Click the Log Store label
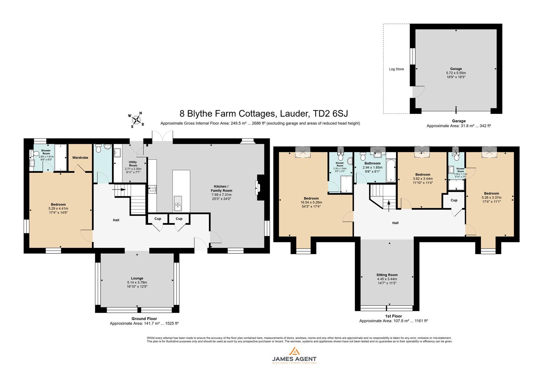click(x=396, y=69)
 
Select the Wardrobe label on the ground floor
click(x=80, y=158)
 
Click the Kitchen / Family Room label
click(x=221, y=190)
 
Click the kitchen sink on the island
click(x=178, y=204)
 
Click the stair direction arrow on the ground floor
click(x=119, y=190)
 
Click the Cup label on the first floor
click(x=454, y=200)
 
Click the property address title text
click(x=263, y=114)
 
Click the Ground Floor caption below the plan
click(x=144, y=318)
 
